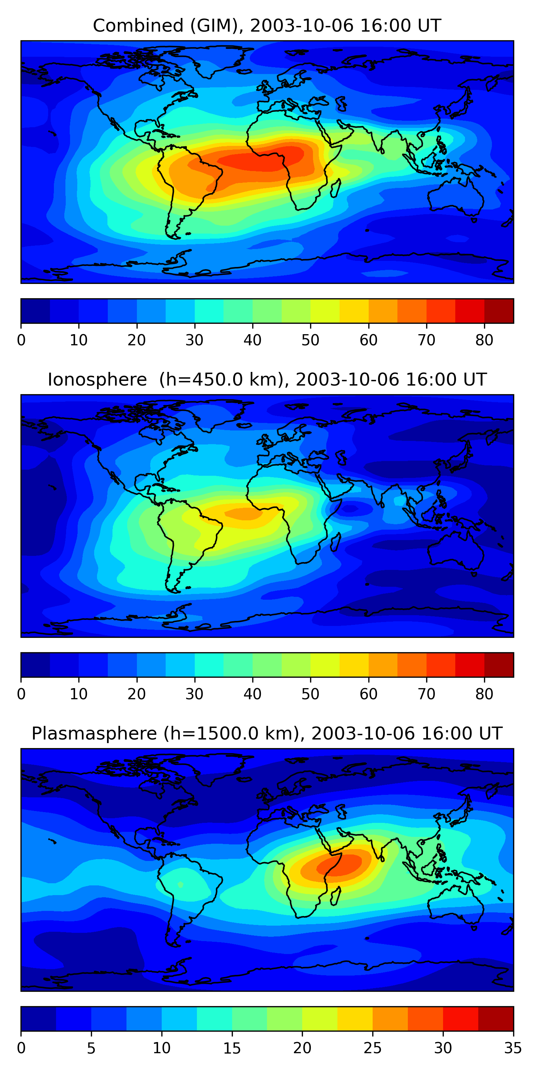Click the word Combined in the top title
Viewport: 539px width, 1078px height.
click(138, 26)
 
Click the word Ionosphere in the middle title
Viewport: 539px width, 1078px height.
click(97, 379)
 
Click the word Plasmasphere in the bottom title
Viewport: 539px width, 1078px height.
click(94, 734)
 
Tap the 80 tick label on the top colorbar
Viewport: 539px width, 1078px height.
click(484, 340)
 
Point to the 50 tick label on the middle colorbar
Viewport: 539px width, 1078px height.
click(310, 694)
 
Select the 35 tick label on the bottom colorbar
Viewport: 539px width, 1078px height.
click(513, 1048)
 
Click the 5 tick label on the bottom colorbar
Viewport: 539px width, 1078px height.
click(91, 1048)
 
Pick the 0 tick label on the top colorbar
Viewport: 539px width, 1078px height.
click(21, 340)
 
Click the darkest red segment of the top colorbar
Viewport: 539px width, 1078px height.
click(499, 311)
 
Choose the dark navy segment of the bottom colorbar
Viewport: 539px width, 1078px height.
click(38, 1019)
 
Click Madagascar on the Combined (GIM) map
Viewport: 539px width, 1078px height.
click(336, 188)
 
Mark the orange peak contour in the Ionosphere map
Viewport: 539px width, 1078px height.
click(245, 513)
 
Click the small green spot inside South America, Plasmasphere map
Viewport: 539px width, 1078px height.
click(180, 884)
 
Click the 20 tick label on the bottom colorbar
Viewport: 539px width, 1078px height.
click(302, 1048)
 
